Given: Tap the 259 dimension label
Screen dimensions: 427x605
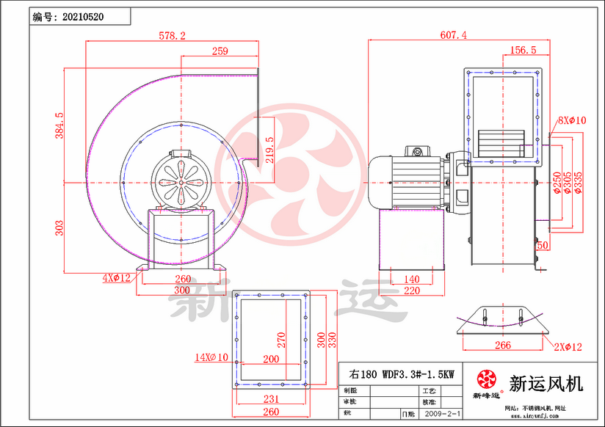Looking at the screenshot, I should coord(220,51).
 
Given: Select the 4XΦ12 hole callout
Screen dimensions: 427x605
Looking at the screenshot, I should coord(116,277).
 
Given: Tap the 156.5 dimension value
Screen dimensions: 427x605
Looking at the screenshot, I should coord(522,50).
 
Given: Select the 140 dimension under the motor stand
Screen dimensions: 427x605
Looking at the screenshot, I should coord(412,279).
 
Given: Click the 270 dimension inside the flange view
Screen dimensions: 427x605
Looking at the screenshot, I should coord(280,340).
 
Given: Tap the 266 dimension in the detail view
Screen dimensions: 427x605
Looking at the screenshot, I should coord(502,345).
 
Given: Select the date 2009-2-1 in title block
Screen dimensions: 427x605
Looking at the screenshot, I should coord(443,414).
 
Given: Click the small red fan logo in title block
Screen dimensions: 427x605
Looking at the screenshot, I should coord(486,380).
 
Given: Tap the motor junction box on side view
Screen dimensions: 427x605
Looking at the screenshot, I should coord(417,151).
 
